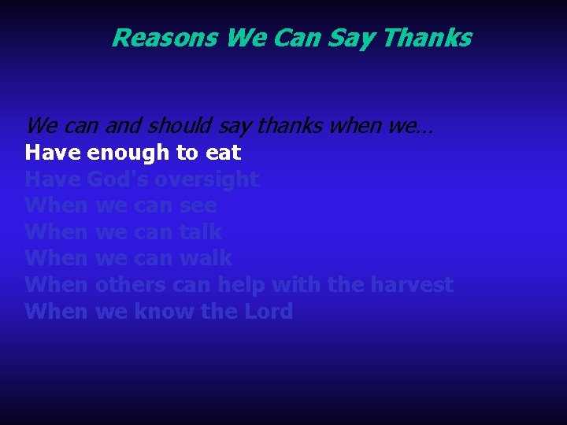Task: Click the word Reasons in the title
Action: tap(165, 38)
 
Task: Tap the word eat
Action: tap(224, 152)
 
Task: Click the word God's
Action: tap(117, 179)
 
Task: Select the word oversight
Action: tap(206, 179)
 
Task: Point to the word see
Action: tap(198, 205)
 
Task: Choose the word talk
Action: tap(201, 232)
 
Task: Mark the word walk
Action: tap(206, 258)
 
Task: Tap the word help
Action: tap(242, 284)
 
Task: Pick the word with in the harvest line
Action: tap(297, 284)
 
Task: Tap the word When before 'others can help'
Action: tap(56, 284)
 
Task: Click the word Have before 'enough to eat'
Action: tap(53, 152)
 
